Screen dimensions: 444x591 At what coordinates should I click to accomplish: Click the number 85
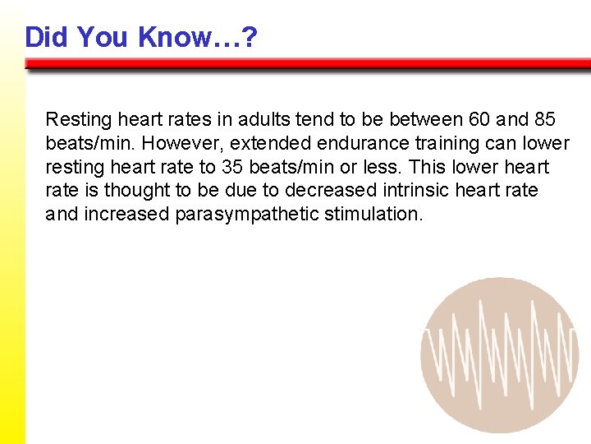point(544,119)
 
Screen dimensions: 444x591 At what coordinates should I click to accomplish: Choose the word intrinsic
point(419,191)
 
